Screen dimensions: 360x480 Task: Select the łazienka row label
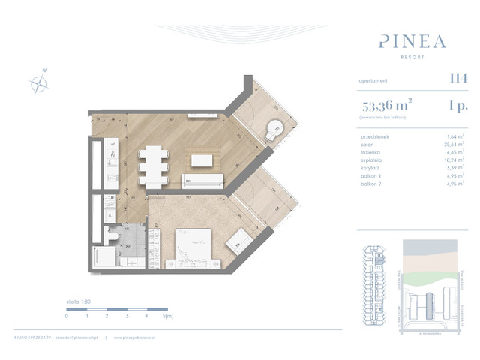point(372,152)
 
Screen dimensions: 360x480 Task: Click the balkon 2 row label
point(372,183)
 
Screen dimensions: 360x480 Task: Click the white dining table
point(154,164)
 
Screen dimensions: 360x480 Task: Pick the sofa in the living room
point(203,180)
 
